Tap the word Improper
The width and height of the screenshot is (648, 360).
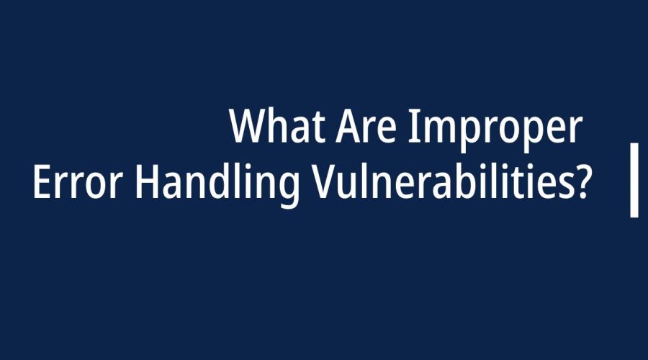[495, 130]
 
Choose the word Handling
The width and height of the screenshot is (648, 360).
[217, 186]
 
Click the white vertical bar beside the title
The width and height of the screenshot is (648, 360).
[634, 180]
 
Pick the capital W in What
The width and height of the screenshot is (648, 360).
[248, 126]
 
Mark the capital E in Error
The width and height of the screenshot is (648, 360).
[42, 182]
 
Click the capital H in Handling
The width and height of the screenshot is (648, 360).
[147, 182]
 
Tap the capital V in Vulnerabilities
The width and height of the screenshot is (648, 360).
[325, 182]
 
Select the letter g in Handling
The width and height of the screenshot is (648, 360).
[287, 192]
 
